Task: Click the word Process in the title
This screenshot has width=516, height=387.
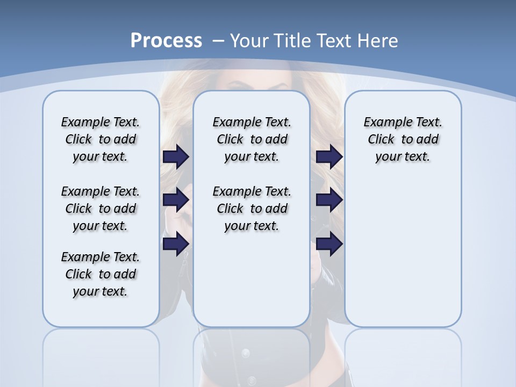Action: tap(166, 41)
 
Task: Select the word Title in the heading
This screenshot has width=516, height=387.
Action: tap(292, 41)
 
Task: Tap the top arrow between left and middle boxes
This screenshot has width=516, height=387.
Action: tap(176, 157)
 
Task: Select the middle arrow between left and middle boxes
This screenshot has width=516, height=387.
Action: tap(176, 200)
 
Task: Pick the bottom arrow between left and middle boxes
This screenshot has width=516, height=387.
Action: tap(176, 243)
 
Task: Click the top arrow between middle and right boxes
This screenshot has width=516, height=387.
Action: tap(329, 157)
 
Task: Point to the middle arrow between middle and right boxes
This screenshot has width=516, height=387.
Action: tap(329, 200)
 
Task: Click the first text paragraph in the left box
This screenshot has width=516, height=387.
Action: tap(101, 139)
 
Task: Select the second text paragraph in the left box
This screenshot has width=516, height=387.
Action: tap(101, 209)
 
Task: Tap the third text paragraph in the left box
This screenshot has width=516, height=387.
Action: tap(101, 274)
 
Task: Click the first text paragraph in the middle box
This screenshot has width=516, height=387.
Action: tap(252, 139)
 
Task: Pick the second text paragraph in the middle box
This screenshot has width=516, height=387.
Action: tap(252, 209)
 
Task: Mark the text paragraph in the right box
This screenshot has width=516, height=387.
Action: tap(403, 139)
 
